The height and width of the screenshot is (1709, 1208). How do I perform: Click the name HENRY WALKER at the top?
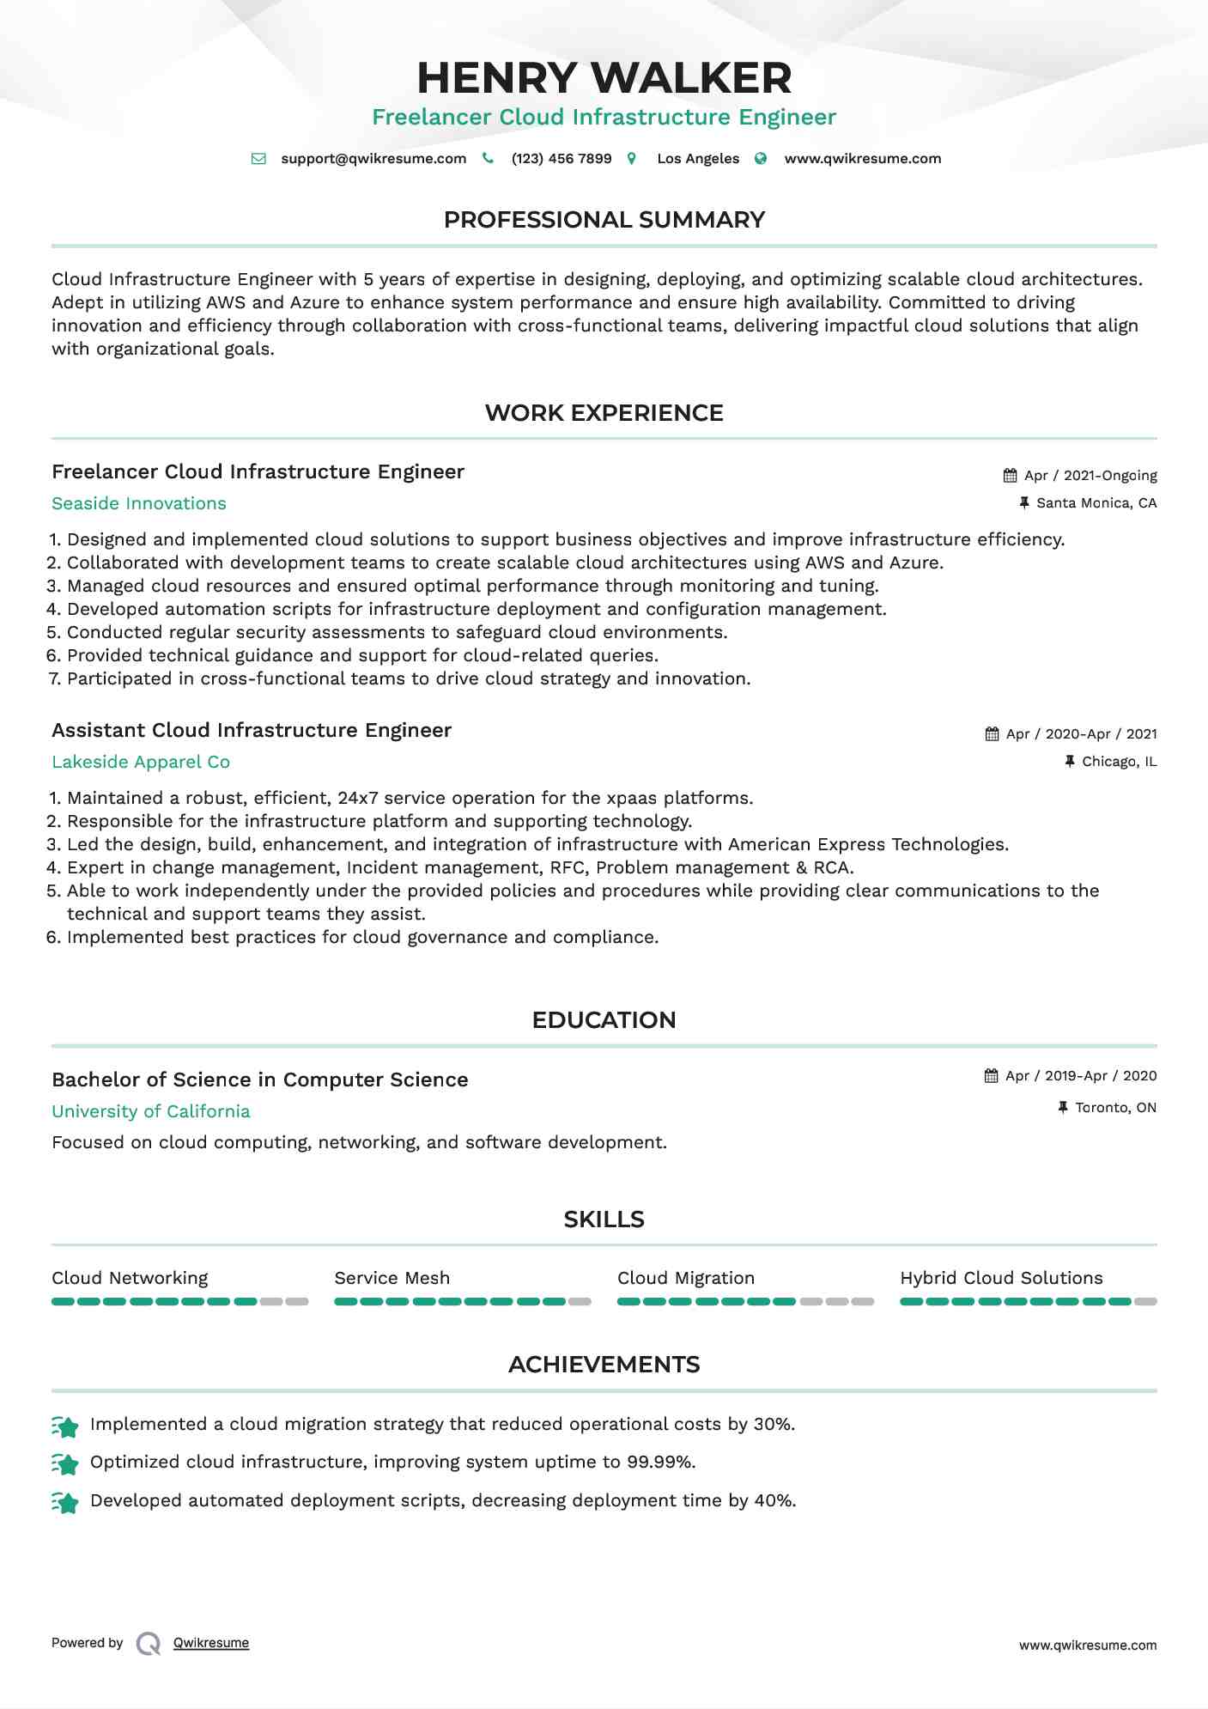click(x=604, y=78)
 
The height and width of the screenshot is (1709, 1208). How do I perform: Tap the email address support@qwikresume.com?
click(x=373, y=159)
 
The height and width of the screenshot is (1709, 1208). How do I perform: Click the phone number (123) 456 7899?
click(x=562, y=159)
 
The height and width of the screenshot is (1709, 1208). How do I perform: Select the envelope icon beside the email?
click(x=258, y=159)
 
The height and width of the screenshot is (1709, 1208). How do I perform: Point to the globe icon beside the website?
click(x=761, y=159)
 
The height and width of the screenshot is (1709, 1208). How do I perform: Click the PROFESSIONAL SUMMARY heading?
click(x=604, y=220)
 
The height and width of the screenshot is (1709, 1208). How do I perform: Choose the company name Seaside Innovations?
click(x=139, y=504)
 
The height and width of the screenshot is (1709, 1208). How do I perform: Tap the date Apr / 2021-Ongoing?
click(x=1090, y=476)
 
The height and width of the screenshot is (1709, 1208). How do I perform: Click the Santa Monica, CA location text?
click(x=1096, y=503)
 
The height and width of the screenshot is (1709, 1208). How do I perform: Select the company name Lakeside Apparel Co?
click(x=141, y=763)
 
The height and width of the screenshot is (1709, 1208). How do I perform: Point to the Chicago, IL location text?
click(x=1119, y=762)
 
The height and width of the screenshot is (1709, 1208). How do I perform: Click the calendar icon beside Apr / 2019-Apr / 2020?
click(x=992, y=1076)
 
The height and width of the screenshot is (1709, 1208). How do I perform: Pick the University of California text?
click(x=151, y=1112)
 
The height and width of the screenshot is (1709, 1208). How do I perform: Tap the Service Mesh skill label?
click(x=392, y=1279)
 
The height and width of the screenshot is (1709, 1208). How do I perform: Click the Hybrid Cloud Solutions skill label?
click(x=1001, y=1279)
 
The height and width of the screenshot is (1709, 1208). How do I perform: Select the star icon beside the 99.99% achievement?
click(x=65, y=1463)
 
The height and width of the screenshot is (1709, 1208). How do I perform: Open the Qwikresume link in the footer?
click(x=211, y=1643)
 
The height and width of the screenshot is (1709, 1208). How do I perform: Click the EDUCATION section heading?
click(x=604, y=1020)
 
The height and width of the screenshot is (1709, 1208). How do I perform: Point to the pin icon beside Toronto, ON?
click(x=1064, y=1108)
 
